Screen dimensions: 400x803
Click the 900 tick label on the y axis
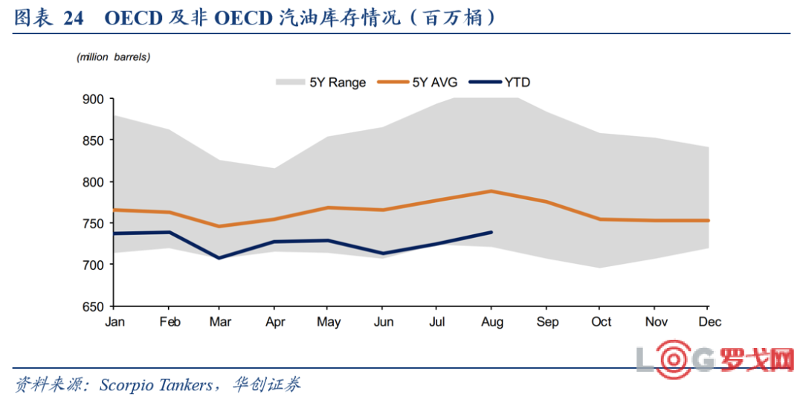click(x=94, y=99)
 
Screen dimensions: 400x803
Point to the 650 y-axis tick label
click(x=94, y=306)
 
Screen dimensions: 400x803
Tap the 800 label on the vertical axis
click(x=94, y=182)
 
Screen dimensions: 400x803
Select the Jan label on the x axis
click(x=115, y=322)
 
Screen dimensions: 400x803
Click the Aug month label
click(x=491, y=322)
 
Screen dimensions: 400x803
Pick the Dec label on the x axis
click(x=709, y=322)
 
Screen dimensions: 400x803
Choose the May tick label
click(x=329, y=322)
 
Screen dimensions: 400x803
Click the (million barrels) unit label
click(x=113, y=57)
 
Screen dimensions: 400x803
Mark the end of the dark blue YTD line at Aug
click(x=491, y=232)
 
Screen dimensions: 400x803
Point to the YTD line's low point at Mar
click(x=219, y=258)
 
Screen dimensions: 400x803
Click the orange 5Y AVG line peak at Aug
click(x=491, y=191)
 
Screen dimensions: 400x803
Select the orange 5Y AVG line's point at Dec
click(x=708, y=220)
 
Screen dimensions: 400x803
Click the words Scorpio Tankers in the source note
click(x=156, y=384)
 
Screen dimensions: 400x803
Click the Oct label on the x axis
click(x=601, y=322)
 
